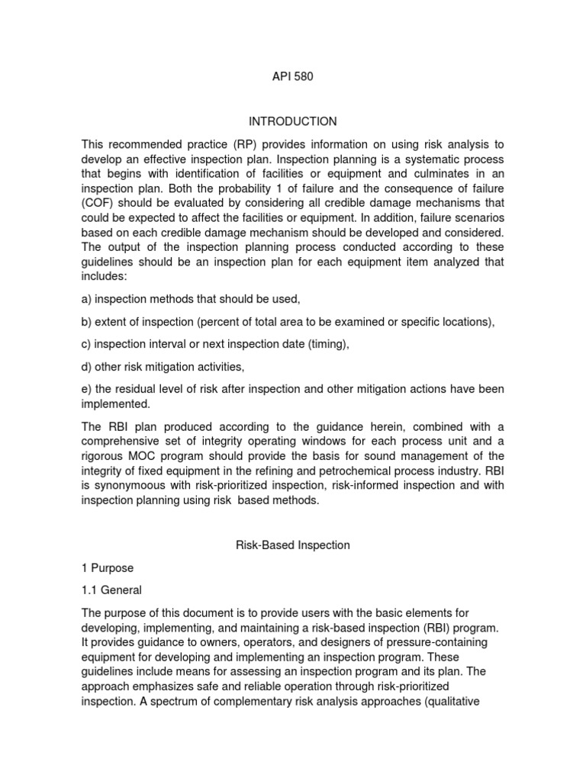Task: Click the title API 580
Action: [x=292, y=76]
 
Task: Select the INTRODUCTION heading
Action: [x=292, y=121]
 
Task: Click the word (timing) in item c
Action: [x=328, y=344]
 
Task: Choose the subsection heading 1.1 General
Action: [x=111, y=590]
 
